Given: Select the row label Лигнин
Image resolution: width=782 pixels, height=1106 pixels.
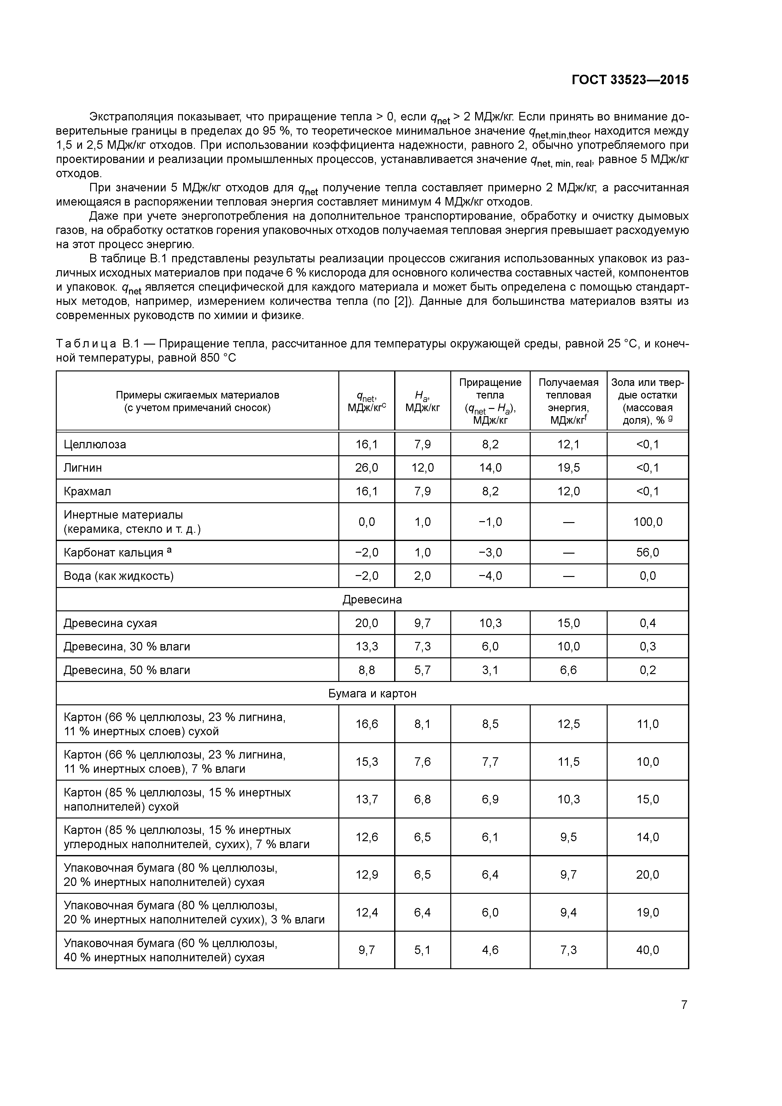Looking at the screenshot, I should [x=83, y=468].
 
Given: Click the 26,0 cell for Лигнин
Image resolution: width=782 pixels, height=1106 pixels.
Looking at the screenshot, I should [x=367, y=468].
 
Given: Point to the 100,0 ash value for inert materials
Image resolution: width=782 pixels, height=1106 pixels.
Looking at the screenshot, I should [x=648, y=522].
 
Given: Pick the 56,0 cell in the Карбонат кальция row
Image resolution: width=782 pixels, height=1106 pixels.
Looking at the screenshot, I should [x=648, y=552].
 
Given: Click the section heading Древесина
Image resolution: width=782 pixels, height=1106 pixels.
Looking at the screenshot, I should [x=372, y=600].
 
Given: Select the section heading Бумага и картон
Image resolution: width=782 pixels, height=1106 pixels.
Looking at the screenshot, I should [x=372, y=694].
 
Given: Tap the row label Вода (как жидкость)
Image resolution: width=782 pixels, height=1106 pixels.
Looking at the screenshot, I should [x=119, y=576].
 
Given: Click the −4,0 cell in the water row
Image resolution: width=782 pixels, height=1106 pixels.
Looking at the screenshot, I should [x=490, y=576].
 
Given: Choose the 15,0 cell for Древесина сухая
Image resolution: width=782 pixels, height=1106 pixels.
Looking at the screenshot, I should [x=569, y=623].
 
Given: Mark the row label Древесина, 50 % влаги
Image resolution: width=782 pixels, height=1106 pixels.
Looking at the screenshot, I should [x=127, y=670].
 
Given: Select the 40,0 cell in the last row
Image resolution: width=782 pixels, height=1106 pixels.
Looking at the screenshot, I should [x=648, y=950].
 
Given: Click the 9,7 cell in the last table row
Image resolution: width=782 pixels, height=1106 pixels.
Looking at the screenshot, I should [x=367, y=950].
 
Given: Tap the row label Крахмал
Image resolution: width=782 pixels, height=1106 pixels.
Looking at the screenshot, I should [x=87, y=491].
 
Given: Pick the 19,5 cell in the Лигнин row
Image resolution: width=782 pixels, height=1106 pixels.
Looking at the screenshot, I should [x=569, y=468].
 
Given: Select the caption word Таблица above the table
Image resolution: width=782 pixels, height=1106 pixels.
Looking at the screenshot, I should [x=86, y=344].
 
